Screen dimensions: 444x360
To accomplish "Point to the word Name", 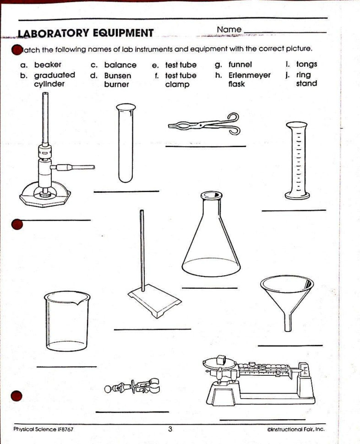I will tap(229, 30).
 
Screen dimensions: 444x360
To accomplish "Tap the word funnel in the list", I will tap(240, 65).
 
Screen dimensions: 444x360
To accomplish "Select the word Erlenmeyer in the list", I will tap(249, 75).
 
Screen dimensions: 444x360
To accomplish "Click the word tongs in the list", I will tap(306, 65).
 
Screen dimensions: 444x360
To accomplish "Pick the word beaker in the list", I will tap(48, 65).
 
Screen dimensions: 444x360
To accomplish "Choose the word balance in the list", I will tap(120, 65).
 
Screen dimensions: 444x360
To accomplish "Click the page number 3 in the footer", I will tap(170, 429).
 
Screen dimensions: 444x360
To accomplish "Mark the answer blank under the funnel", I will tap(290, 346).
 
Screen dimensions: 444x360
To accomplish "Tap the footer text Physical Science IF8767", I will tap(44, 429).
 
